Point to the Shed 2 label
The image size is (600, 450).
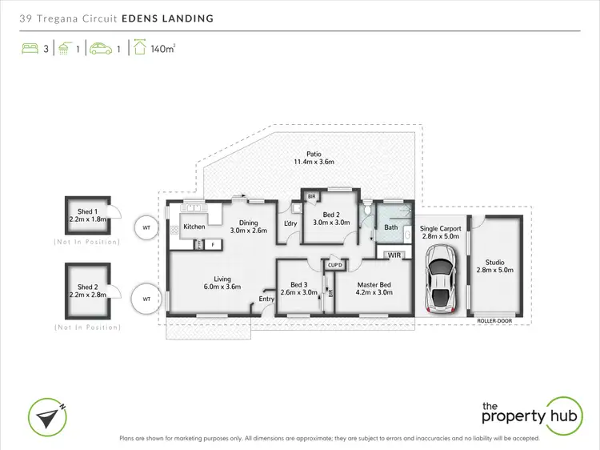(x=87, y=287)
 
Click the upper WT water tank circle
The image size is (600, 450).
(x=146, y=227)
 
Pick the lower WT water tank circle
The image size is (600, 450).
(x=146, y=299)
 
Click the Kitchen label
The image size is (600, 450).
(x=194, y=227)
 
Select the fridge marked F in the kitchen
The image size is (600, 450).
(x=212, y=243)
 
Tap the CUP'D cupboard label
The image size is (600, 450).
(x=334, y=265)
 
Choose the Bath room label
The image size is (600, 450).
(x=390, y=227)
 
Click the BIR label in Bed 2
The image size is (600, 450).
(x=311, y=196)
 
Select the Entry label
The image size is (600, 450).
(x=266, y=299)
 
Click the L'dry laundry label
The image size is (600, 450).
(x=291, y=223)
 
